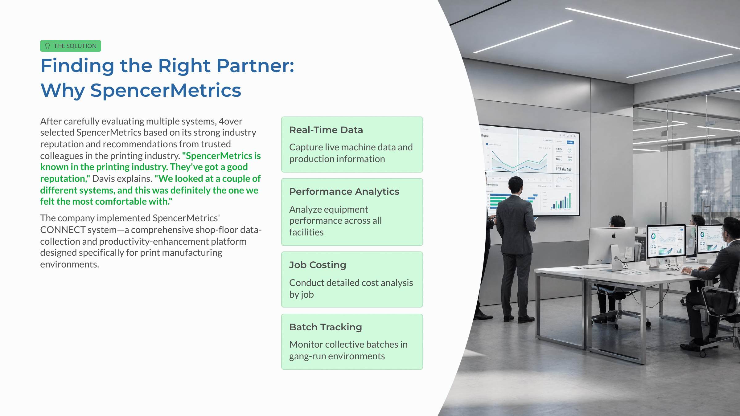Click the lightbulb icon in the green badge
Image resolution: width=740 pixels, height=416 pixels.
pyautogui.click(x=47, y=46)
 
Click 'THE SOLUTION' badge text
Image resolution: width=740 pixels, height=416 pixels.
pyautogui.click(x=75, y=46)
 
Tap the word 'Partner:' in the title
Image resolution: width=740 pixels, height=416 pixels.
pyautogui.click(x=256, y=66)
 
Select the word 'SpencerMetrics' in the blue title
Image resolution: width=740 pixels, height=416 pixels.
pyautogui.click(x=166, y=90)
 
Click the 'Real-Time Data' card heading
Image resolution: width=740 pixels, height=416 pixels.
pyautogui.click(x=326, y=130)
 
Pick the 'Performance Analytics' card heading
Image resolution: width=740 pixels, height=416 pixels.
pyautogui.click(x=344, y=192)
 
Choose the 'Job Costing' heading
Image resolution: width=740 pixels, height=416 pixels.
pyautogui.click(x=318, y=265)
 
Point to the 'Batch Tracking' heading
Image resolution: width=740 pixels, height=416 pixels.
pyautogui.click(x=326, y=327)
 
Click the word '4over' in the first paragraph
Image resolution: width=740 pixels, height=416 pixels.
pyautogui.click(x=230, y=121)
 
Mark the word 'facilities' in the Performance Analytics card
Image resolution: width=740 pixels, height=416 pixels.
pyautogui.click(x=306, y=232)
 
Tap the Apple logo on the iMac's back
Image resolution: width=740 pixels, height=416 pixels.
pyautogui.click(x=614, y=236)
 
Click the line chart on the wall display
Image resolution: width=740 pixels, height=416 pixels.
pyautogui.click(x=519, y=160)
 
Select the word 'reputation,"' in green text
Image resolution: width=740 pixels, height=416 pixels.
pyautogui.click(x=65, y=179)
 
